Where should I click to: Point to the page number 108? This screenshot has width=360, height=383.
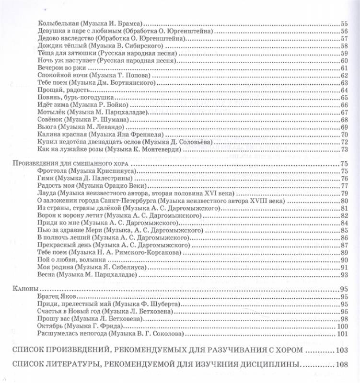point(341,365)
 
